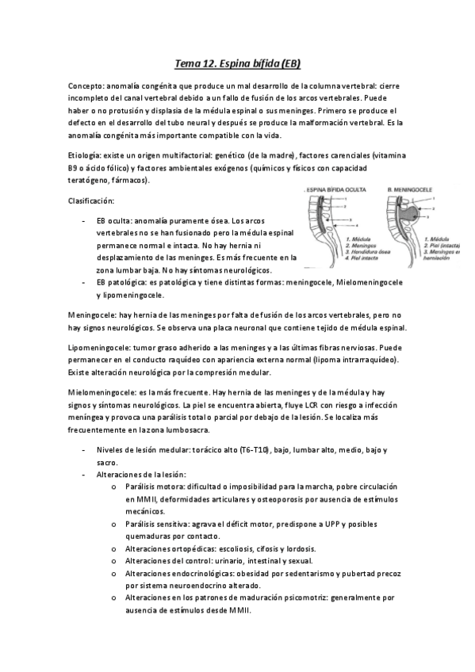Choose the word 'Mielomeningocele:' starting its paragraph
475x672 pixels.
101,392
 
